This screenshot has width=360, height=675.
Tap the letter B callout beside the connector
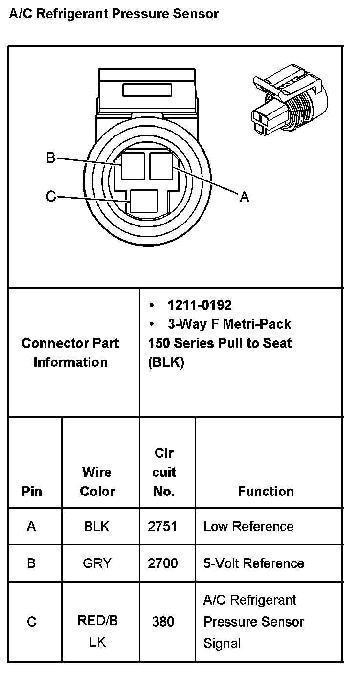pyautogui.click(x=50, y=158)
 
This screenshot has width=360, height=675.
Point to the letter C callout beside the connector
pyautogui.click(x=50, y=197)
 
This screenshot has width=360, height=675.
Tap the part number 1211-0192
pyautogui.click(x=200, y=305)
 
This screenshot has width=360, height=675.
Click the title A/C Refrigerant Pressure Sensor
pyautogui.click(x=113, y=14)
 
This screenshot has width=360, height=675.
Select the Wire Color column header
pyautogui.click(x=97, y=482)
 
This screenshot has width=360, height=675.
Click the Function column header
pyautogui.click(x=266, y=491)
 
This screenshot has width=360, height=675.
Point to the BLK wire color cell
pyautogui.click(x=97, y=527)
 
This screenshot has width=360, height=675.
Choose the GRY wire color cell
pyautogui.click(x=97, y=563)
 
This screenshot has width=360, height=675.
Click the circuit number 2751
pyautogui.click(x=162, y=527)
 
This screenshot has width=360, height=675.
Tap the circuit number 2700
pyautogui.click(x=162, y=563)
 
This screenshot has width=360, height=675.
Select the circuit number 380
pyautogui.click(x=162, y=622)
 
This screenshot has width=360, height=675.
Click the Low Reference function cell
pyautogui.click(x=248, y=527)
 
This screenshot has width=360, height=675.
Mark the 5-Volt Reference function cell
pyautogui.click(x=253, y=563)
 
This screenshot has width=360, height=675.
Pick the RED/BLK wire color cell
pyautogui.click(x=97, y=631)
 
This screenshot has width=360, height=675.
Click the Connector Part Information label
pyautogui.click(x=70, y=353)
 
